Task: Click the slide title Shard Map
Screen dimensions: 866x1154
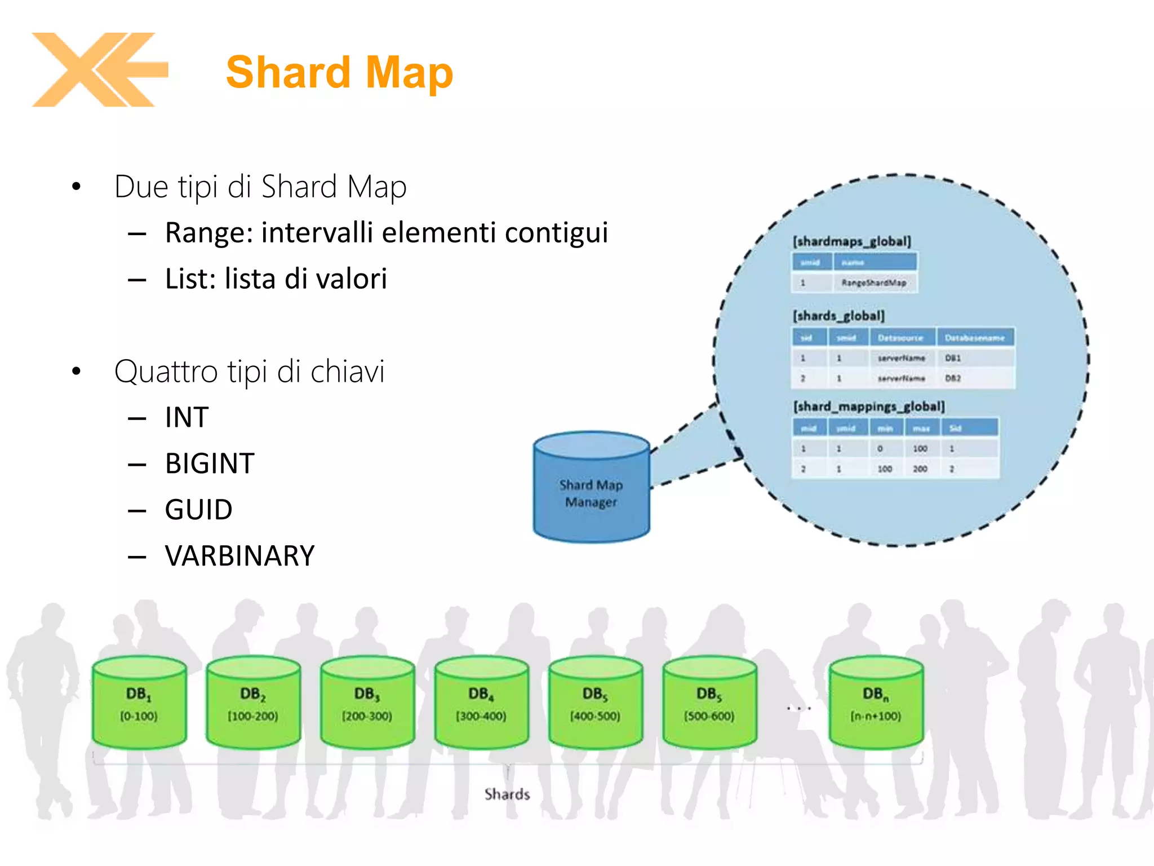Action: [x=339, y=72]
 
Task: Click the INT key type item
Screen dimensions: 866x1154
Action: [x=187, y=417]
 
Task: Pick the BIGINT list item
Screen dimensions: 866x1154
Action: [x=210, y=463]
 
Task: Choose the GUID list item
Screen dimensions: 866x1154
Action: [x=198, y=510]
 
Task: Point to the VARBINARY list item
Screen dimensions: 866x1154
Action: [x=239, y=556]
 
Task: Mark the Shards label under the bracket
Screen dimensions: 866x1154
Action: [x=507, y=794]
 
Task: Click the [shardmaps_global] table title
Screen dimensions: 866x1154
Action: [x=851, y=241]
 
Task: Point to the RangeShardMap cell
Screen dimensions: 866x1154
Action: [x=873, y=282]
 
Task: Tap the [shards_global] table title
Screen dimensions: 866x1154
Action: [x=838, y=316]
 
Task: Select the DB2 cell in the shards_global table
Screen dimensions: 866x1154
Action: [x=953, y=378]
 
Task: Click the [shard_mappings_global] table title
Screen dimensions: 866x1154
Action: [x=869, y=407]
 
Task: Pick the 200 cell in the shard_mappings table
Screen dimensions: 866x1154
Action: [x=920, y=469]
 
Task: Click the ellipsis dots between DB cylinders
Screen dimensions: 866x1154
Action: [x=798, y=708]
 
